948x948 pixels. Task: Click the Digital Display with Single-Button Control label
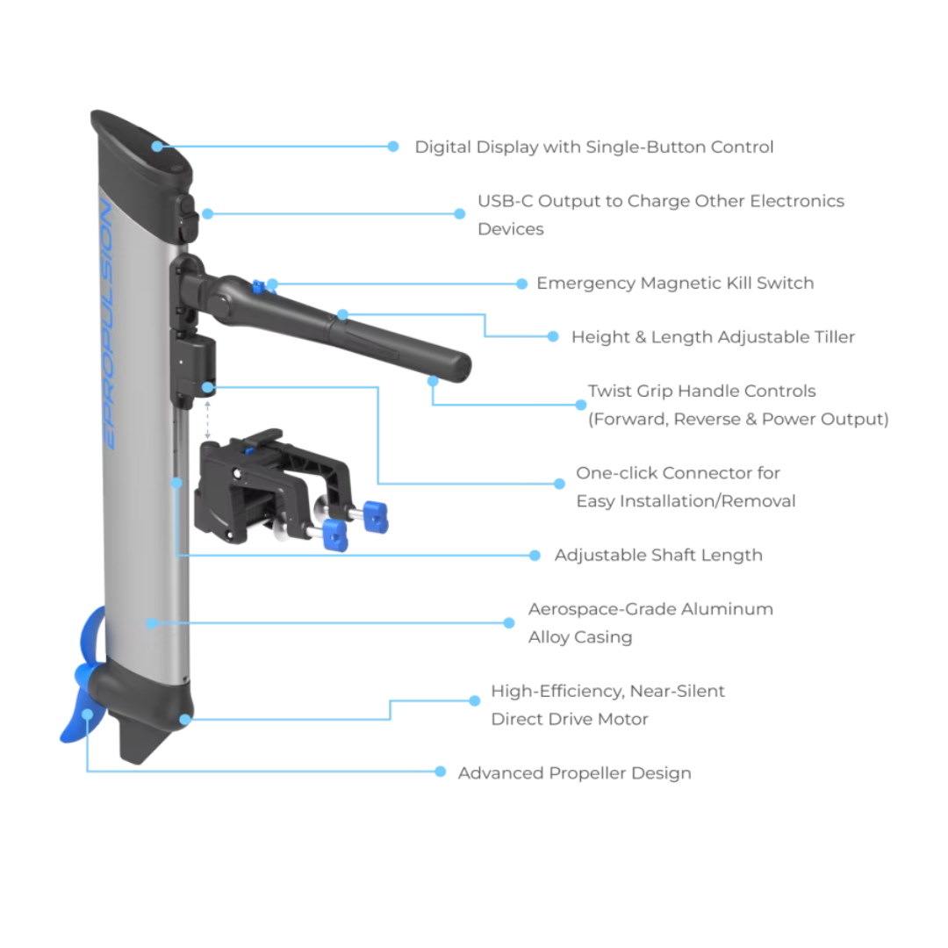point(594,147)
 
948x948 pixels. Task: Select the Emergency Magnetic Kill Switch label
point(674,284)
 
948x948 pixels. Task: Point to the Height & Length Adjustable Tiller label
point(712,337)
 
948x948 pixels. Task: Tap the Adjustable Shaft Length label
point(658,556)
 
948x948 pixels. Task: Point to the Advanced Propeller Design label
point(575,773)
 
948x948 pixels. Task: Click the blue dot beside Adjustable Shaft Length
point(534,556)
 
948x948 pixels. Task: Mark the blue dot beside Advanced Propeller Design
point(441,772)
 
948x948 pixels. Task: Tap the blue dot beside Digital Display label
point(392,147)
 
